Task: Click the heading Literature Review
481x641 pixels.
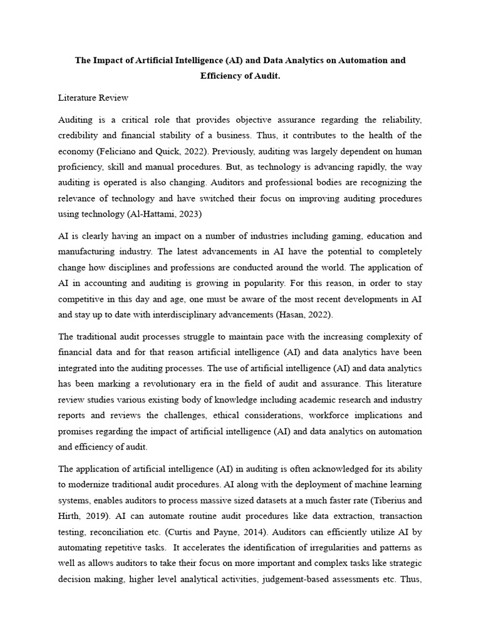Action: coord(93,98)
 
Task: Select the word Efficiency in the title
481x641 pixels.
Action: coord(224,76)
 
